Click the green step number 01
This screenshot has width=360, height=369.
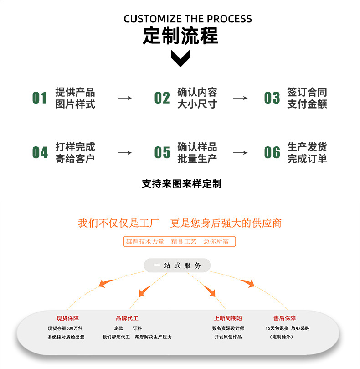[39, 98]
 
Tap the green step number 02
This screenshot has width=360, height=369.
[162, 98]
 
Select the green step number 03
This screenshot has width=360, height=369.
[272, 98]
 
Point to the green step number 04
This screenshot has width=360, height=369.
[40, 152]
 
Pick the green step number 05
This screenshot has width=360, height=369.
[162, 152]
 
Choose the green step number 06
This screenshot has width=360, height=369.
[272, 152]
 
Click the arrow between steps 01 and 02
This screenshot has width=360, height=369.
[124, 98]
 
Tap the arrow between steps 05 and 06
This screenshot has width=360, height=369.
[240, 153]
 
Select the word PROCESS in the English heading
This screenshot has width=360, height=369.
[230, 19]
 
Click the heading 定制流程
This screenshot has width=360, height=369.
[180, 36]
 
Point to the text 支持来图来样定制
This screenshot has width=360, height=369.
[182, 184]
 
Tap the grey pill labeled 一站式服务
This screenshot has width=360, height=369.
[177, 265]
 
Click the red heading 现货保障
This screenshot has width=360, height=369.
[67, 318]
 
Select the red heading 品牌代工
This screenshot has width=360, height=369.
[127, 318]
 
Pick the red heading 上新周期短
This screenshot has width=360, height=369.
[228, 318]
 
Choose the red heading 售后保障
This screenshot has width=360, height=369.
[284, 318]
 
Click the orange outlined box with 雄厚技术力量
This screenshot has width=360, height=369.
[180, 241]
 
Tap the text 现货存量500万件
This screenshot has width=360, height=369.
[65, 328]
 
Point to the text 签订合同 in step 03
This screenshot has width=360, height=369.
[307, 92]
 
